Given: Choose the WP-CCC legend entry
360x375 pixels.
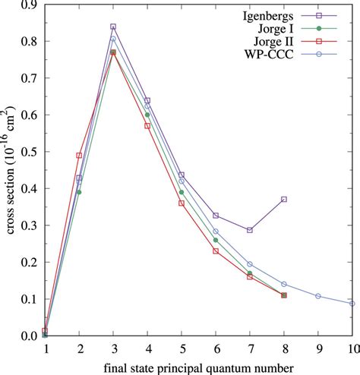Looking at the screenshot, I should coord(297,55).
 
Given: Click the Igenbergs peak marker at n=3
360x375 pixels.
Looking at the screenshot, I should coord(113,27).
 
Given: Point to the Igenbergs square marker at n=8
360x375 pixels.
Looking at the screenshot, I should coord(284,199).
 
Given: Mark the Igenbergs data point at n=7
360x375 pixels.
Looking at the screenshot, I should coord(250,230).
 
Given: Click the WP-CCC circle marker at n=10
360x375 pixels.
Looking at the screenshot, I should coord(352,303).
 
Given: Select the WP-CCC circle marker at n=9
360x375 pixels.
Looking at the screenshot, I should coord(318,296).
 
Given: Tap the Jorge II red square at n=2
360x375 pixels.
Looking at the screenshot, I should coord(79,156).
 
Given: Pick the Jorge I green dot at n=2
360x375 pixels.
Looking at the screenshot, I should coord(79,192).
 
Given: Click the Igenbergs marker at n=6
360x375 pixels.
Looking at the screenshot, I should coord(216,216).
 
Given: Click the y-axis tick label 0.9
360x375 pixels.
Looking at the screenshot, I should coord(30,6).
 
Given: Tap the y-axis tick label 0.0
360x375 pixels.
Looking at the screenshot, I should coord(30,336).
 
